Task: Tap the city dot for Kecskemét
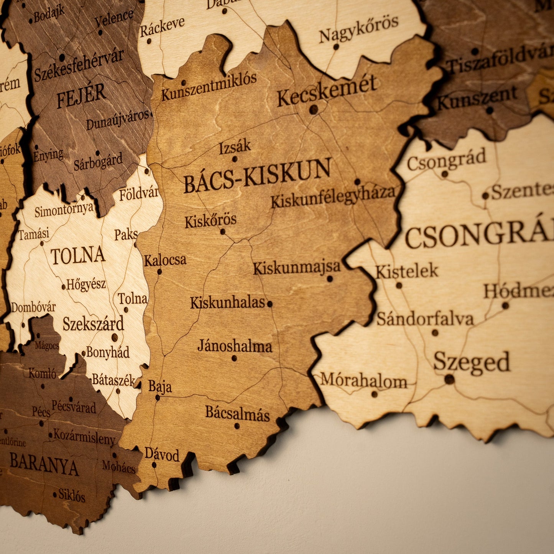(x=313, y=110)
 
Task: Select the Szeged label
(x=472, y=362)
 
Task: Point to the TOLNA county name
(x=78, y=256)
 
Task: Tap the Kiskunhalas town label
(x=228, y=302)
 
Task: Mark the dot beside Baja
(x=157, y=398)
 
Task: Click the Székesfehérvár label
(x=79, y=65)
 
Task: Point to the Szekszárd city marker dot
(x=114, y=337)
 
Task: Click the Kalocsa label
(x=165, y=260)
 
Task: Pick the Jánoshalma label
(x=235, y=346)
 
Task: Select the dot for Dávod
(x=154, y=465)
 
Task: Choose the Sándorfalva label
(x=425, y=319)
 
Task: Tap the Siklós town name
(x=72, y=495)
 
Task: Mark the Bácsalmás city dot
(x=237, y=426)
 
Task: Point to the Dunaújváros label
(x=117, y=120)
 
